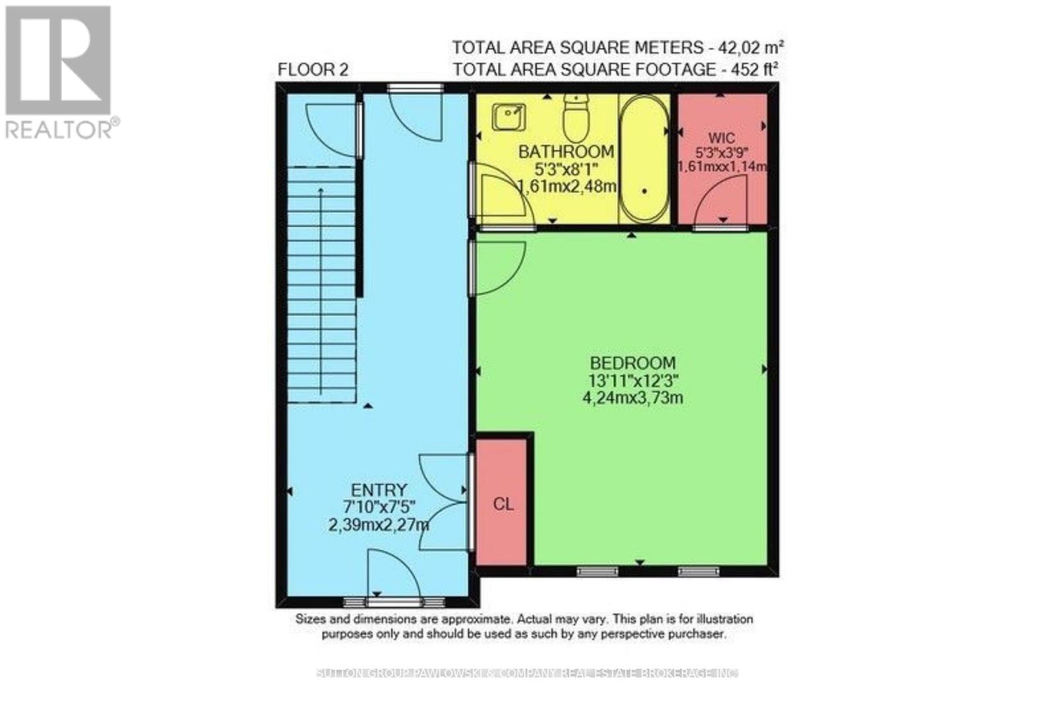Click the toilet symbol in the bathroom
click(576, 119)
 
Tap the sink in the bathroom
click(508, 118)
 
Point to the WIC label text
click(721, 138)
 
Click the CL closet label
click(503, 505)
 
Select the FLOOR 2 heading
click(313, 69)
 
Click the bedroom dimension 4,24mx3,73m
click(632, 398)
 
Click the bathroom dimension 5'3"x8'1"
click(566, 169)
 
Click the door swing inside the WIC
click(721, 204)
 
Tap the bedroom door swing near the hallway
click(498, 267)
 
